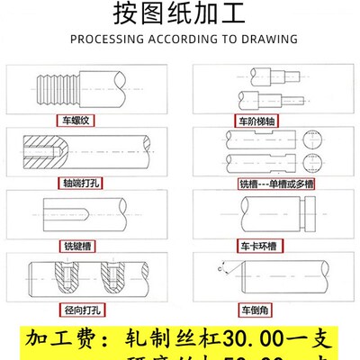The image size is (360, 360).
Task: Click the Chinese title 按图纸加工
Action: click(x=180, y=15)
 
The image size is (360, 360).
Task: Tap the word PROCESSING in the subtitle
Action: click(x=104, y=40)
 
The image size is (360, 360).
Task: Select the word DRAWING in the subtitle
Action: click(x=270, y=40)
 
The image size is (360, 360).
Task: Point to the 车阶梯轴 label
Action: click(x=256, y=119)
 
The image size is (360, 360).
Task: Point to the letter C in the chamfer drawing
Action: click(x=219, y=267)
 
